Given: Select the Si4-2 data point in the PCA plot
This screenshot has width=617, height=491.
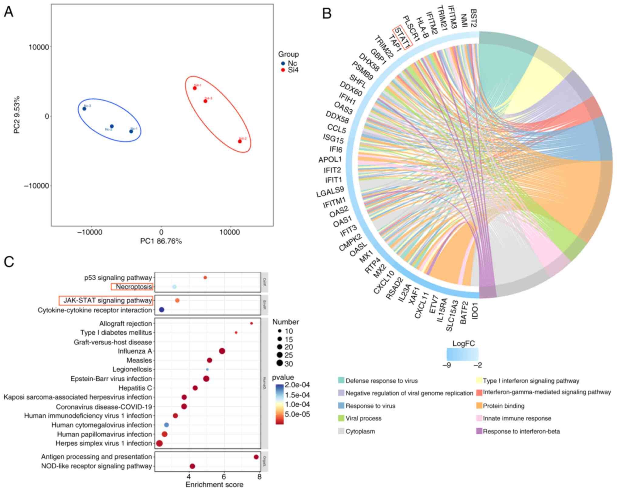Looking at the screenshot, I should pyautogui.click(x=240, y=141).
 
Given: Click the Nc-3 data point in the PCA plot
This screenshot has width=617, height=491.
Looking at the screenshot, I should pyautogui.click(x=84, y=109).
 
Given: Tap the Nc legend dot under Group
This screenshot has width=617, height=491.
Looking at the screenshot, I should pyautogui.click(x=283, y=63).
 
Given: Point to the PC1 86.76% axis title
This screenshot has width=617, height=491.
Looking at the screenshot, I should pyautogui.click(x=161, y=241).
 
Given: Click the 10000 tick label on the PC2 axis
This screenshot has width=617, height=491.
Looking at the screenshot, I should pyautogui.click(x=39, y=47).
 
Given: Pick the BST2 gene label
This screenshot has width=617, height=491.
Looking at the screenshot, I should pyautogui.click(x=473, y=18).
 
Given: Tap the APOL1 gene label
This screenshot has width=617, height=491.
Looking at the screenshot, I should pyautogui.click(x=330, y=159).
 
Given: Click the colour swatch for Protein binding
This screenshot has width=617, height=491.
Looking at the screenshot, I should pyautogui.click(x=479, y=406).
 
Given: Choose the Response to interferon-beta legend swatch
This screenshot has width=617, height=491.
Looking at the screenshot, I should pyautogui.click(x=479, y=431).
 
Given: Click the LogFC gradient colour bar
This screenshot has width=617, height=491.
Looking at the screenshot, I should pyautogui.click(x=462, y=354).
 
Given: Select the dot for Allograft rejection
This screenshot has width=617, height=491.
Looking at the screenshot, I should pyautogui.click(x=251, y=323).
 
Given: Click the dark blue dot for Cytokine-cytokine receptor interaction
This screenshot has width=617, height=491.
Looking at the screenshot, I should pyautogui.click(x=162, y=310).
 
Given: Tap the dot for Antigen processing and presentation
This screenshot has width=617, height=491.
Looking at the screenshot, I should pyautogui.click(x=256, y=457).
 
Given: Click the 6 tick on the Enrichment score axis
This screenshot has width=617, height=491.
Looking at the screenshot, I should pyautogui.click(x=224, y=477).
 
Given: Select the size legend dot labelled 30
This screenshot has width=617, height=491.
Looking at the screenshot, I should pyautogui.click(x=280, y=363).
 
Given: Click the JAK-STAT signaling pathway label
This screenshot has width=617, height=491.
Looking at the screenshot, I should pyautogui.click(x=107, y=300).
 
